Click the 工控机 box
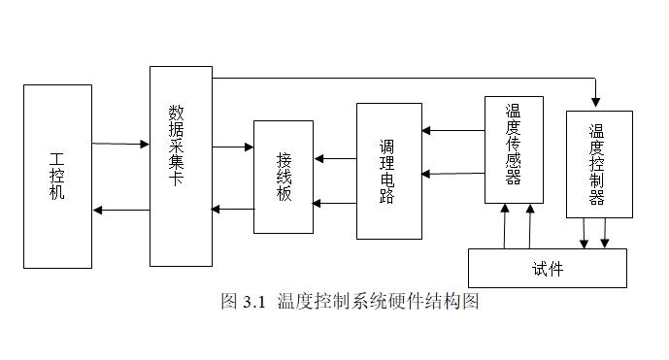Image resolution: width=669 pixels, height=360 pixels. [57, 176]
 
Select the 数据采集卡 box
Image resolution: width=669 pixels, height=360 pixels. [181, 166]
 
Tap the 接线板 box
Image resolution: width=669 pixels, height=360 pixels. [284, 177]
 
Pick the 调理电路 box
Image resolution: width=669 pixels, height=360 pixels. [388, 171]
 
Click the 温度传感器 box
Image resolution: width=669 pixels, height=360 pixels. [514, 149]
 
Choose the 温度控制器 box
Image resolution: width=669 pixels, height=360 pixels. [598, 164]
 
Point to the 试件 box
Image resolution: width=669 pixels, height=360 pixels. [548, 269]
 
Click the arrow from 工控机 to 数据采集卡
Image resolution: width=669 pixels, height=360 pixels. [121, 144]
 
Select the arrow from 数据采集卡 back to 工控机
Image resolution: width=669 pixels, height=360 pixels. [121, 210]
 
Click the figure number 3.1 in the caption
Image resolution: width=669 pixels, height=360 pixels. [254, 302]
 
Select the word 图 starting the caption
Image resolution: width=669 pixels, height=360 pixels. [229, 302]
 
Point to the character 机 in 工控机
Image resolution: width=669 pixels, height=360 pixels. [57, 193]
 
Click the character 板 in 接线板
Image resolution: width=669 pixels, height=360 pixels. [284, 193]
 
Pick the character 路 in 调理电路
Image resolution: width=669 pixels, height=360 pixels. [387, 196]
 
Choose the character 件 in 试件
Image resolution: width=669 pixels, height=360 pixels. [555, 269]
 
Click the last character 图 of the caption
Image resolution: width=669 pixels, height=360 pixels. [471, 302]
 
